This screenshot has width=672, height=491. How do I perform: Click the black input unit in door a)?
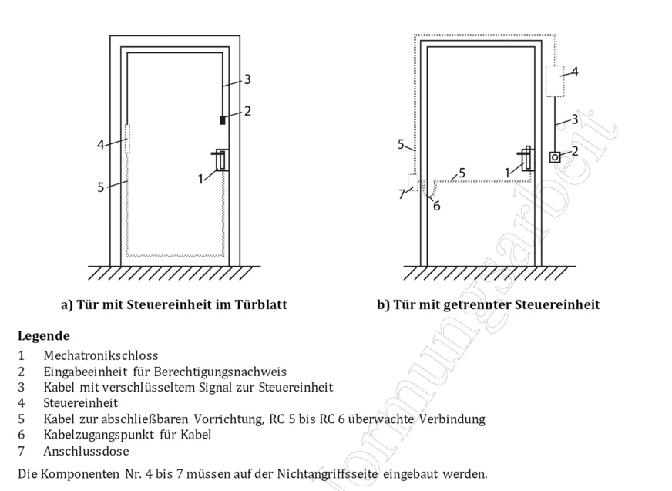pyautogui.click(x=222, y=119)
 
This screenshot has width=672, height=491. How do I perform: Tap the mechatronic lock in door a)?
pyautogui.click(x=221, y=160)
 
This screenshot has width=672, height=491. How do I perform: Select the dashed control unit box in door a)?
pyautogui.click(x=127, y=139)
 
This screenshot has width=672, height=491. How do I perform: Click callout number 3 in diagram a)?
pyautogui.click(x=247, y=79)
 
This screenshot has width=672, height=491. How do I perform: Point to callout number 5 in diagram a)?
pyautogui.click(x=101, y=187)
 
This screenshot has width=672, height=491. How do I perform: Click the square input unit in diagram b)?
pyautogui.click(x=555, y=156)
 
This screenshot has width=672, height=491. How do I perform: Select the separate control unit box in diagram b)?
pyautogui.click(x=554, y=82)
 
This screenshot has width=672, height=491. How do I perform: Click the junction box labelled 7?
pyautogui.click(x=413, y=183)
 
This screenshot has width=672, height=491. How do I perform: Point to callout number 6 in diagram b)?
pyautogui.click(x=436, y=206)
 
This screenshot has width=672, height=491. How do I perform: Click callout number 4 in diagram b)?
pyautogui.click(x=575, y=72)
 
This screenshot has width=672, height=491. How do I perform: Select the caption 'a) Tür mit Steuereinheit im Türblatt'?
pyautogui.click(x=173, y=304)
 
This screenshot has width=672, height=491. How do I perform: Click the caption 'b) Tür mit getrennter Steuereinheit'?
pyautogui.click(x=488, y=304)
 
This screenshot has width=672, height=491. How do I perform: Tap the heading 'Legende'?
pyautogui.click(x=43, y=336)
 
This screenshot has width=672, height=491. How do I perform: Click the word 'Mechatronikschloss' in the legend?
pyautogui.click(x=101, y=355)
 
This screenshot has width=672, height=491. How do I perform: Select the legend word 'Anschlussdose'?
pyautogui.click(x=86, y=451)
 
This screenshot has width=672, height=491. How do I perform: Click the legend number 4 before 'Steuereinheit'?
pyautogui.click(x=22, y=403)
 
